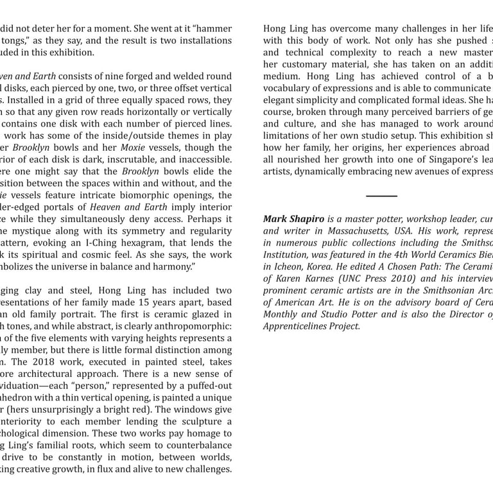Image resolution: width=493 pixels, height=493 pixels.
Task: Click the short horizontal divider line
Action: tap(382, 196)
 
